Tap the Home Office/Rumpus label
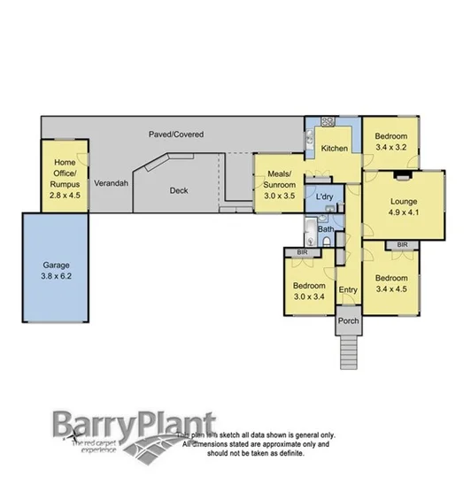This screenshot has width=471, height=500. click(64, 178)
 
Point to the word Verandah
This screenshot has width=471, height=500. click(112, 182)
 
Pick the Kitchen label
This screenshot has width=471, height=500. click(334, 148)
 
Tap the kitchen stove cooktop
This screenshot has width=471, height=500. click(325, 121)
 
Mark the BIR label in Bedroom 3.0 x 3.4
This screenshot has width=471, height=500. click(303, 253)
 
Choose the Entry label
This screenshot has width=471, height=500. click(347, 289)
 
